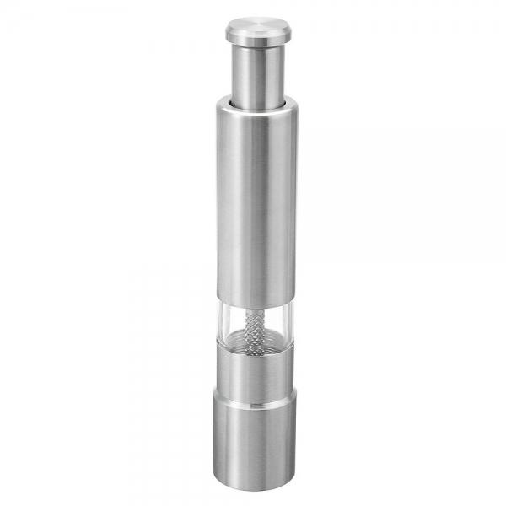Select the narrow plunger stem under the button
click(x=255, y=72)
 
